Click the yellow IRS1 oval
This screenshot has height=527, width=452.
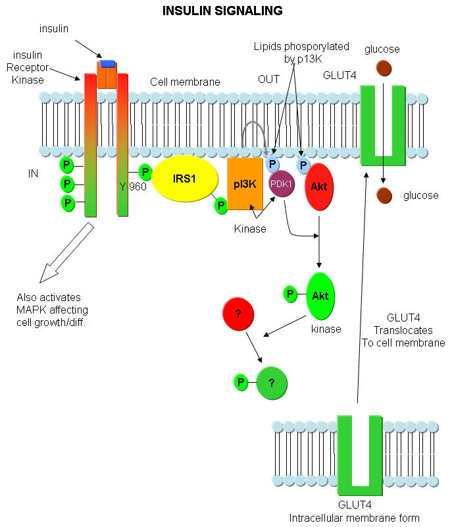(x=184, y=177)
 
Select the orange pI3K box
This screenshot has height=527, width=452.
(x=245, y=184)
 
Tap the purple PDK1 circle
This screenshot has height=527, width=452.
(x=282, y=185)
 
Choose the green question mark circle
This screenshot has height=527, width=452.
(x=271, y=381)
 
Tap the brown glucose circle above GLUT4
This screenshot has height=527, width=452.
(x=384, y=68)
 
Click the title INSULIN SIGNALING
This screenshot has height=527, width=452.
(x=222, y=11)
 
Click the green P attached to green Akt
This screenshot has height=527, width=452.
(x=290, y=294)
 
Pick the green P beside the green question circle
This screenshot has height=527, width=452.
(x=241, y=381)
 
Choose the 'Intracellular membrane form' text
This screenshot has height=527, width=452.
(x=354, y=517)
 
